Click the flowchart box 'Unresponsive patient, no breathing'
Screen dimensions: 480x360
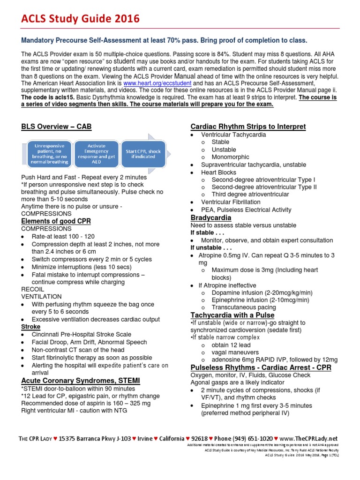[x=49, y=154]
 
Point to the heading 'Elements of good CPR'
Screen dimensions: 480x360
[x=56, y=221]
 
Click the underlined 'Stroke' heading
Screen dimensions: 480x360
[x=31, y=326]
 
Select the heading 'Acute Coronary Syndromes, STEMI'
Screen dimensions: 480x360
[x=80, y=380]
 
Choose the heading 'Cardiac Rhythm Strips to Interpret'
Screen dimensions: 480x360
[x=248, y=127]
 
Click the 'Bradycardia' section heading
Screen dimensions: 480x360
[x=210, y=218]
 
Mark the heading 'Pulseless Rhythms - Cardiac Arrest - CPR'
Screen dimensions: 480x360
[x=261, y=367]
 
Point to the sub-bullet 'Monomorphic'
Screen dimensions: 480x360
[x=230, y=157]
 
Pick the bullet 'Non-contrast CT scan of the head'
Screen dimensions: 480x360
[x=78, y=349]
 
